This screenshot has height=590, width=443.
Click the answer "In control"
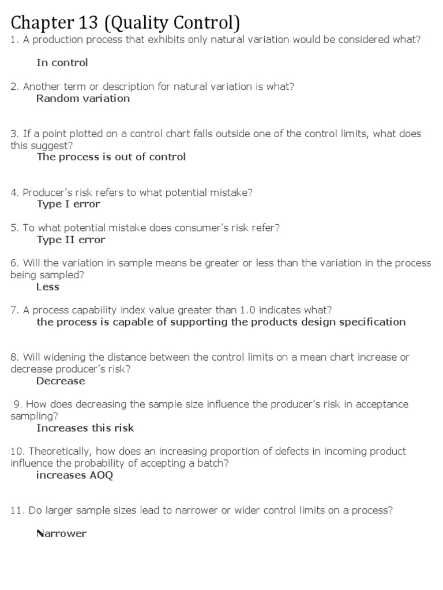coord(62,62)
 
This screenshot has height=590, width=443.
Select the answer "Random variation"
coord(83,98)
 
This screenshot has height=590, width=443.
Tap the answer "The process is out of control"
coord(111,157)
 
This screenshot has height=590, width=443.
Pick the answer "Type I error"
coord(69,204)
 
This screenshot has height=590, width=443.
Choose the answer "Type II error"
coord(71,240)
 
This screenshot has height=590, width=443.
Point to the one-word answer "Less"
coord(48,287)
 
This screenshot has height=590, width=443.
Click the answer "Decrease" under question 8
coord(61,381)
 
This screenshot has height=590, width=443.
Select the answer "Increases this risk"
coord(85,428)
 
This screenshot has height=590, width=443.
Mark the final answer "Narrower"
coord(61,534)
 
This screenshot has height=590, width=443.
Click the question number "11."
coord(17,510)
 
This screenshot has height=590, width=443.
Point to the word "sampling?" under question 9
coord(34,416)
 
